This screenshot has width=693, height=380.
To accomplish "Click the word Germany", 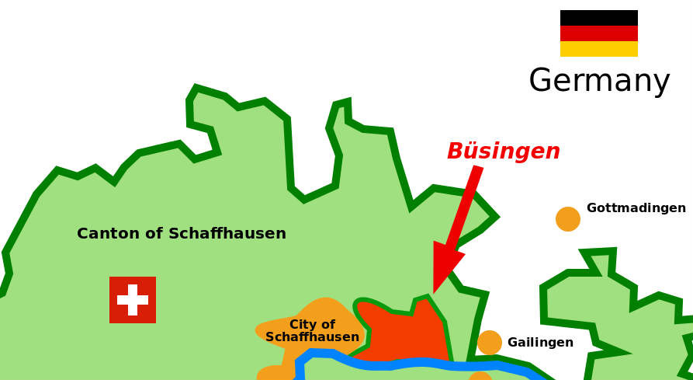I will point(599,81).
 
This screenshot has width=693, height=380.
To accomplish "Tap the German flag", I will point(598,33).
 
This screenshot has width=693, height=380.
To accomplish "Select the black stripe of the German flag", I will point(598,18).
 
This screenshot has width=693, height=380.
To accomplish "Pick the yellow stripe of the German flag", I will point(598,49).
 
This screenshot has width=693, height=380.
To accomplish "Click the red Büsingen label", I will point(503,152).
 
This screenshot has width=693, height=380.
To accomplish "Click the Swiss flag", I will point(133,300).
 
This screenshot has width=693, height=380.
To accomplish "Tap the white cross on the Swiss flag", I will point(133,300).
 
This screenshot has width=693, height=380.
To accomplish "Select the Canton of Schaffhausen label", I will point(182,234).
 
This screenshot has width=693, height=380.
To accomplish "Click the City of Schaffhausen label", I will point(312,331).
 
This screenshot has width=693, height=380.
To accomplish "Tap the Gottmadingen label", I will point(636,208).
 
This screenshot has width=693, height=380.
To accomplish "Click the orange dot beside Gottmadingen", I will point(568,219).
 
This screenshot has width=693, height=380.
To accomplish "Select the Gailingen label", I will point(540,343).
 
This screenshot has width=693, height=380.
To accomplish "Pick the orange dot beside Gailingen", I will point(490,343).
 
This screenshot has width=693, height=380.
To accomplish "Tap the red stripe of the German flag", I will point(598,33).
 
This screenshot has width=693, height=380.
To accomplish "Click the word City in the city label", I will point(302,325).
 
